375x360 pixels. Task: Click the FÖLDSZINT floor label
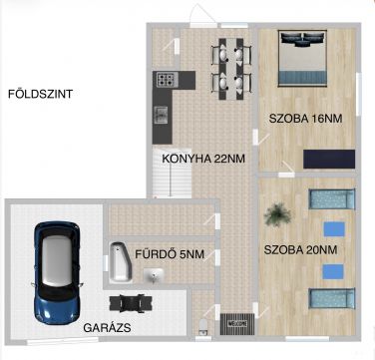tap(40, 94)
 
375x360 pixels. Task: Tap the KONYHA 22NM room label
tap(203, 159)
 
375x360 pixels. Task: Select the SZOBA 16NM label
tap(305, 119)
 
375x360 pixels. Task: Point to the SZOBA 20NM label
tap(300, 249)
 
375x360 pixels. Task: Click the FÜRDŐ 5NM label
tap(170, 254)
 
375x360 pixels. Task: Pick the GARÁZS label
tap(107, 328)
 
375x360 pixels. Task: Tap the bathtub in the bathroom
tap(119, 261)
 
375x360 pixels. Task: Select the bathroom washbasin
tap(154, 275)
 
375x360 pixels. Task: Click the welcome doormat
tap(237, 324)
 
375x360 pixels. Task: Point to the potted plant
tap(278, 214)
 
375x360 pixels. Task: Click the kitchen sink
tap(162, 115)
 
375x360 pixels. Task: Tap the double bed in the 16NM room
tap(302, 58)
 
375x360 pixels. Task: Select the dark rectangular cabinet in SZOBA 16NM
tap(329, 159)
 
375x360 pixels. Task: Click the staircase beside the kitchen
tap(173, 173)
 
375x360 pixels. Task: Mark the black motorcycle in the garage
tap(132, 303)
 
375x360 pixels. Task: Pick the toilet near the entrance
tap(202, 327)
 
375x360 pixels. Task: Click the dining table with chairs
tap(231, 69)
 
